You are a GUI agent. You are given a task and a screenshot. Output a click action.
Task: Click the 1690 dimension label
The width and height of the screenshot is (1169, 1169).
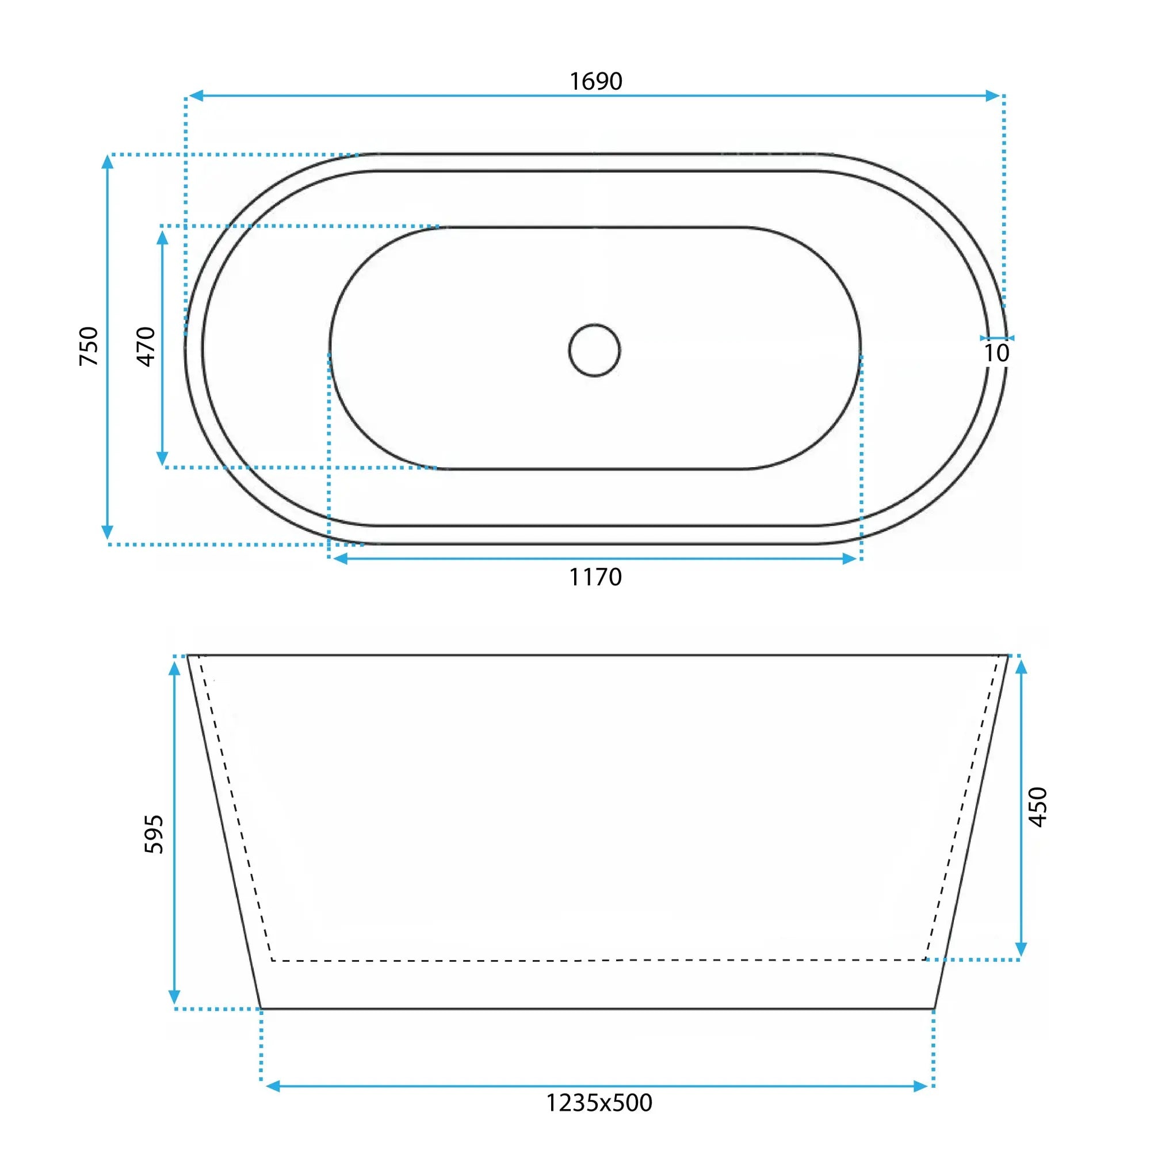tap(596, 81)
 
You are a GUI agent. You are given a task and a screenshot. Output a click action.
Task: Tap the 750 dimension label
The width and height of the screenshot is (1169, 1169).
tap(89, 346)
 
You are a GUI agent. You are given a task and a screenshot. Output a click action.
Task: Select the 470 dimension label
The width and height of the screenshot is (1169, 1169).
tap(147, 346)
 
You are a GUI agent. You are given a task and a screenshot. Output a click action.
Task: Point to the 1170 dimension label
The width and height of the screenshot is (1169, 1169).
tap(595, 577)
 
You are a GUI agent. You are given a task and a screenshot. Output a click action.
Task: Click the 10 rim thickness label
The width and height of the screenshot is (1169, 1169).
tap(996, 353)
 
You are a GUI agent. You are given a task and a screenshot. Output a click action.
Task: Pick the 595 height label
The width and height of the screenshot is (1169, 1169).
tap(154, 834)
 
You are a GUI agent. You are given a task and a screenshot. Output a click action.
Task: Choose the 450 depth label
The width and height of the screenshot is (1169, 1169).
tap(1038, 807)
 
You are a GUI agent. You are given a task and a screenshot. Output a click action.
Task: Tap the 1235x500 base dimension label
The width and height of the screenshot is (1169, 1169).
tap(599, 1102)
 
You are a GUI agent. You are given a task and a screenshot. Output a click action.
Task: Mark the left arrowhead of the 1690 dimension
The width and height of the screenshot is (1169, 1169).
tap(195, 95)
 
